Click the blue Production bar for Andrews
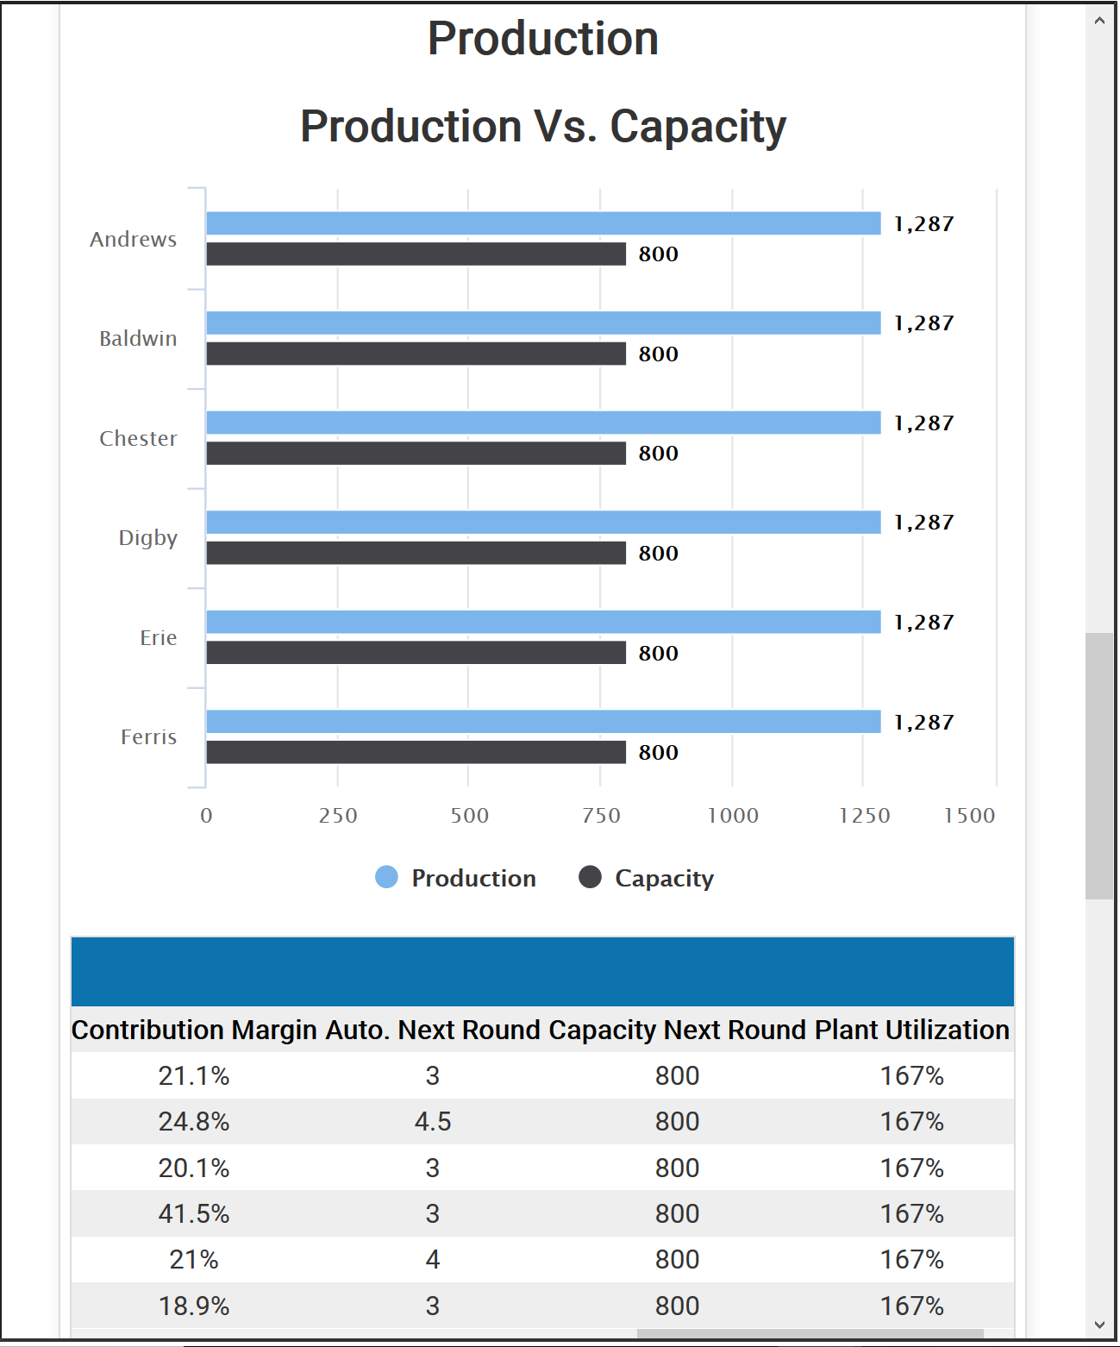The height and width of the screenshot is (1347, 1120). [x=543, y=223]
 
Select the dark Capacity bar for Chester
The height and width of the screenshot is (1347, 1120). [x=416, y=454]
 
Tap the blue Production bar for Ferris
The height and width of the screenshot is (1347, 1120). [x=543, y=722]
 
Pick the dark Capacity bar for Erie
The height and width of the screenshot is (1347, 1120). [x=416, y=653]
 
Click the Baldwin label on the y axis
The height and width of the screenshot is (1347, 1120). [x=138, y=339]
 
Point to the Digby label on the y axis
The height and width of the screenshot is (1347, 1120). [x=148, y=538]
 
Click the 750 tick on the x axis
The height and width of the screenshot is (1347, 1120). [x=601, y=816]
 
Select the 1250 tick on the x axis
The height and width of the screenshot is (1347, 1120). [x=864, y=816]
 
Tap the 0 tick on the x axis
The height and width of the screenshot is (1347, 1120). [x=206, y=816]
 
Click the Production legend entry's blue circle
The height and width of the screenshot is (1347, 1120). [x=387, y=877]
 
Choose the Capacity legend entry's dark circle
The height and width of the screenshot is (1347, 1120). [x=590, y=877]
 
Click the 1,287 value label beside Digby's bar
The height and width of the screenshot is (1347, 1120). [x=923, y=523]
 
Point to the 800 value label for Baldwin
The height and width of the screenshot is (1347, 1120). [x=658, y=354]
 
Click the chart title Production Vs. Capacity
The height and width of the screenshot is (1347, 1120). [x=543, y=127]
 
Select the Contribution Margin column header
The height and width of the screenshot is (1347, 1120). [x=194, y=1030]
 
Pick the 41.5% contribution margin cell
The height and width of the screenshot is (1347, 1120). [x=194, y=1213]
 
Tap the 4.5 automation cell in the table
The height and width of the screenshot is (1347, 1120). [x=433, y=1121]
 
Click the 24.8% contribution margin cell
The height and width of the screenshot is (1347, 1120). [x=194, y=1121]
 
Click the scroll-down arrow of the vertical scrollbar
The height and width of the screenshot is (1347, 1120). [x=1099, y=1325]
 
